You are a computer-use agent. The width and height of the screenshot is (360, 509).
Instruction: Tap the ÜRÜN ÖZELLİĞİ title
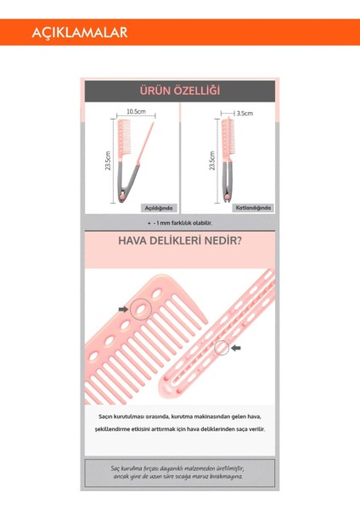pyautogui.click(x=179, y=91)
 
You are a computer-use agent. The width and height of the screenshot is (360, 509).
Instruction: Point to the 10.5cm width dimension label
pyautogui.click(x=136, y=112)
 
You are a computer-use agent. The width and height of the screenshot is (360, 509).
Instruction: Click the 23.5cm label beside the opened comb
pyautogui.click(x=108, y=161)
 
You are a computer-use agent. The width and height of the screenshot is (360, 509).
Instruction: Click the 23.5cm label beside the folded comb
pyautogui.click(x=211, y=161)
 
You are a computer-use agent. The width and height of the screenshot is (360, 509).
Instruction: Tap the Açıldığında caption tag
pyautogui.click(x=158, y=207)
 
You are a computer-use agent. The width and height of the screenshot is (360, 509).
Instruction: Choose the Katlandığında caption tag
pyautogui.click(x=253, y=207)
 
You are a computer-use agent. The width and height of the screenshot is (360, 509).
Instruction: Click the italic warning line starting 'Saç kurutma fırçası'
pyautogui.click(x=179, y=468)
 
